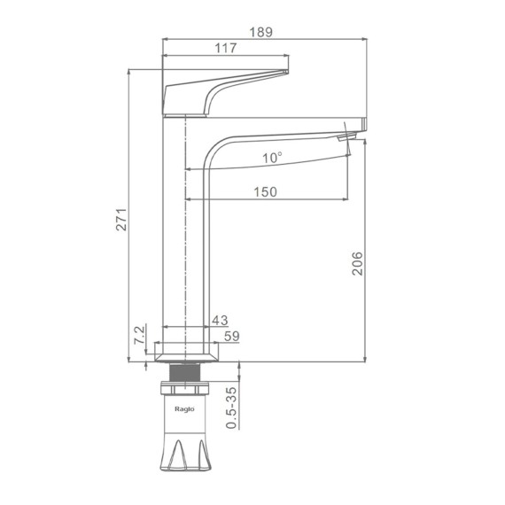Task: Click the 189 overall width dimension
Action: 260,32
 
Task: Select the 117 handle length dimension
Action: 225,48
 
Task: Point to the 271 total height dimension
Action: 121,220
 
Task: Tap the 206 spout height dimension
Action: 357,263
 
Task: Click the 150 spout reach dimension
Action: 265,192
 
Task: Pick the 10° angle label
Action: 272,158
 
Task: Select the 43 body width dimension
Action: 220,320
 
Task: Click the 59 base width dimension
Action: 232,337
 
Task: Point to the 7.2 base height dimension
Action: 139,335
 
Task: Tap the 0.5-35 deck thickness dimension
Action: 231,408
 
